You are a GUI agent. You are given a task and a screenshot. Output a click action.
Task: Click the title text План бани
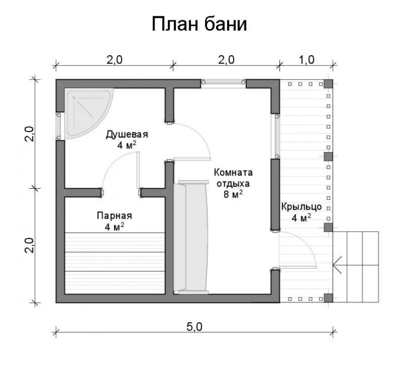[199, 25]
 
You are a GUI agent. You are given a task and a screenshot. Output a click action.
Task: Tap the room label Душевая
[127, 134]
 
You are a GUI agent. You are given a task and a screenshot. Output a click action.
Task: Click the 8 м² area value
[233, 194]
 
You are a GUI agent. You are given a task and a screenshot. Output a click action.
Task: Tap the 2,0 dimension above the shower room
[114, 60]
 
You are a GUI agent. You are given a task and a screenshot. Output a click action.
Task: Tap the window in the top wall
[223, 82]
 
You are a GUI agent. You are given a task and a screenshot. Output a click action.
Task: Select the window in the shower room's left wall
[58, 126]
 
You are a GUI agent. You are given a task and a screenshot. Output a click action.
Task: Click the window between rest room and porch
[276, 136]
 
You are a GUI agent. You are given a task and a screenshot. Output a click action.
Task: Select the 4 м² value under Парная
[115, 226]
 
